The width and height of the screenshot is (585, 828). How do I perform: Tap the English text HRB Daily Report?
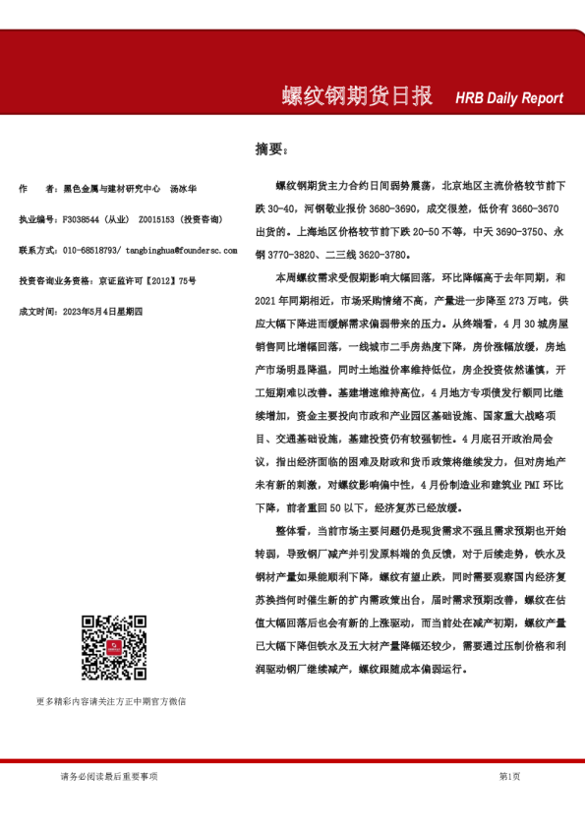(509, 98)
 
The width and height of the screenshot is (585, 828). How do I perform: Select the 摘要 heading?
(271, 149)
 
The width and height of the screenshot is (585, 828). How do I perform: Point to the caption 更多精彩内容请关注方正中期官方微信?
(110, 702)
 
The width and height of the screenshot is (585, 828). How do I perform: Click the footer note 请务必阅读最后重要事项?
(108, 777)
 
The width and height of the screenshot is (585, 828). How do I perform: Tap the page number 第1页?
(509, 777)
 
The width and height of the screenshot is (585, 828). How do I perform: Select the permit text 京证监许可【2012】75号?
(146, 280)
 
